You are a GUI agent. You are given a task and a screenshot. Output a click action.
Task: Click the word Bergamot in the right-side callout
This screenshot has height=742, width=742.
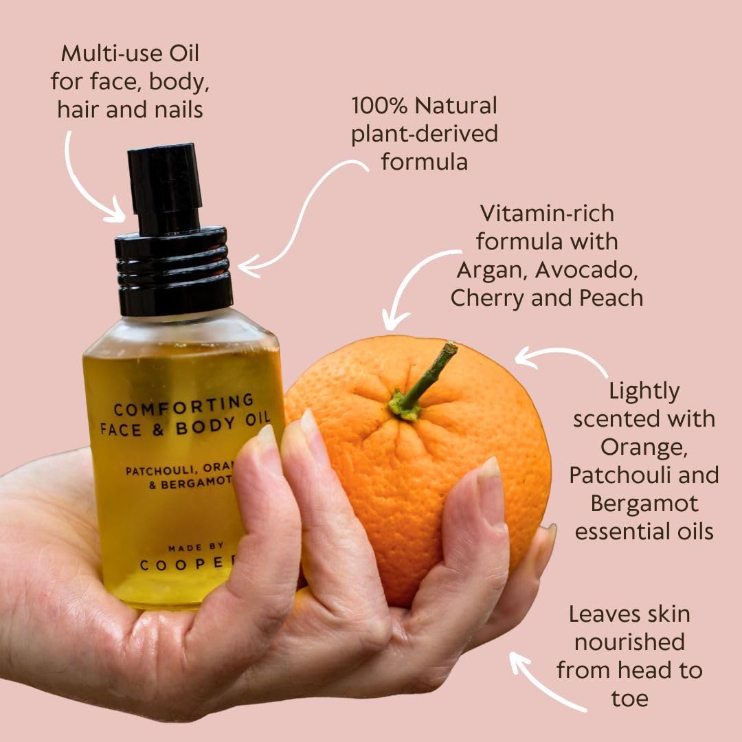[644, 503]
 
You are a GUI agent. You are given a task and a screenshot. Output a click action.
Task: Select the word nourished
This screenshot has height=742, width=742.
[629, 642]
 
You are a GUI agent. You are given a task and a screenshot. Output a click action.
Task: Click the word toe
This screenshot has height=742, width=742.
[629, 699]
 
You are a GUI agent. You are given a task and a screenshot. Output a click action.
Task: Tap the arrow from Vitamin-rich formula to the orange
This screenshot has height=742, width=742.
[413, 282]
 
